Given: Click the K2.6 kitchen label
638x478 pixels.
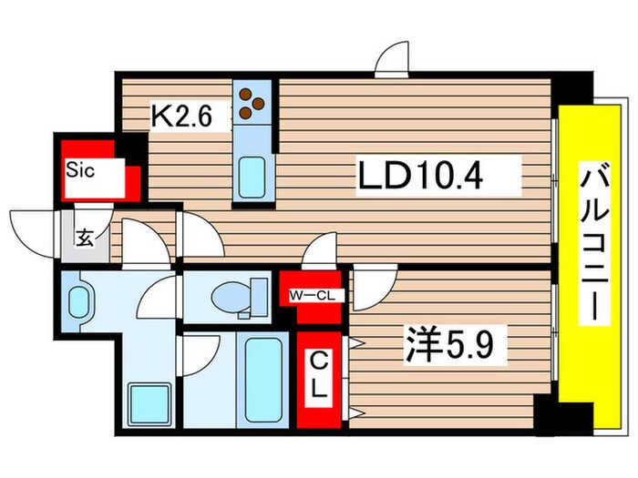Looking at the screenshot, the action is tap(181, 117).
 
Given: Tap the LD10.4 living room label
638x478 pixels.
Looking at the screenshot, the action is tap(420, 176).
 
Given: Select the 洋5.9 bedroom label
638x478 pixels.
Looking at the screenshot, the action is tap(448, 344).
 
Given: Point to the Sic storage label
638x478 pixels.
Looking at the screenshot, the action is tap(80, 170).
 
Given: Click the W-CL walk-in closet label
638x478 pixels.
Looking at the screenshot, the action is tap(312, 296).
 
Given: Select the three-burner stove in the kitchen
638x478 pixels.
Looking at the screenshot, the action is tap(252, 102).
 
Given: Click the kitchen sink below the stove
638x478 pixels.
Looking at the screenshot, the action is tap(252, 178).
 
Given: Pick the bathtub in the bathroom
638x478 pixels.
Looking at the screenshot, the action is tap(263, 381).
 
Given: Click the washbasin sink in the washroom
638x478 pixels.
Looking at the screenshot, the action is tap(78, 302).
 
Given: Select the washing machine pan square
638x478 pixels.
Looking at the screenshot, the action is tap(149, 404).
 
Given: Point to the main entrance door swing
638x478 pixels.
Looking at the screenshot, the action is tap(33, 234).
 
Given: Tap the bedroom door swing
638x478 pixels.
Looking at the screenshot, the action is tap(375, 286).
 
